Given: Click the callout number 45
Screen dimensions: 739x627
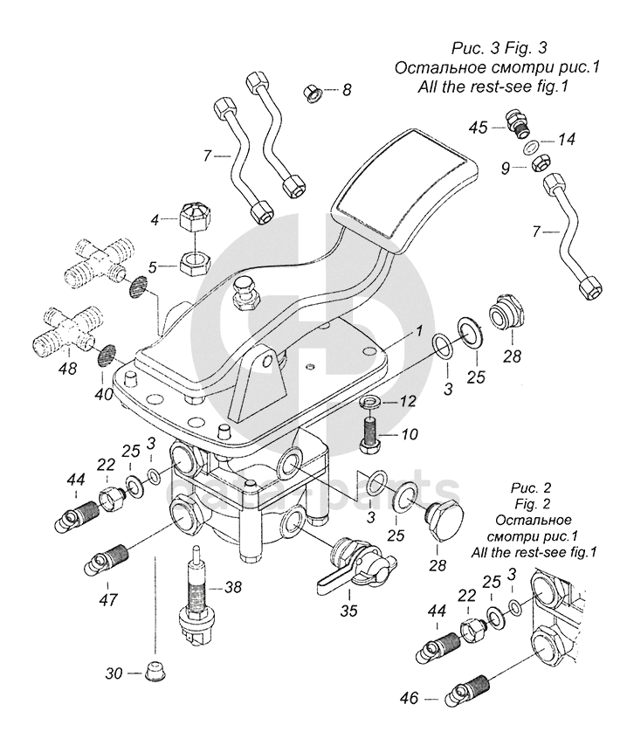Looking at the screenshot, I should click(x=477, y=127).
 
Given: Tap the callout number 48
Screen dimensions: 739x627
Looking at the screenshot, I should click(x=66, y=369).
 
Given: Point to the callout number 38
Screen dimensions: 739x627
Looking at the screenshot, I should click(x=233, y=588).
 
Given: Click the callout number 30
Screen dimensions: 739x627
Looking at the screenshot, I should click(x=114, y=673).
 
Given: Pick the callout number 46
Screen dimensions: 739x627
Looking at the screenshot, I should click(x=410, y=699).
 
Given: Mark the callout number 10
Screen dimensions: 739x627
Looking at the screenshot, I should click(x=410, y=434).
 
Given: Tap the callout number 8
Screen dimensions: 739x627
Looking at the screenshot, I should click(x=348, y=89).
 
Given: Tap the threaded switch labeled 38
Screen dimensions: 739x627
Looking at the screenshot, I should click(x=196, y=597).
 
